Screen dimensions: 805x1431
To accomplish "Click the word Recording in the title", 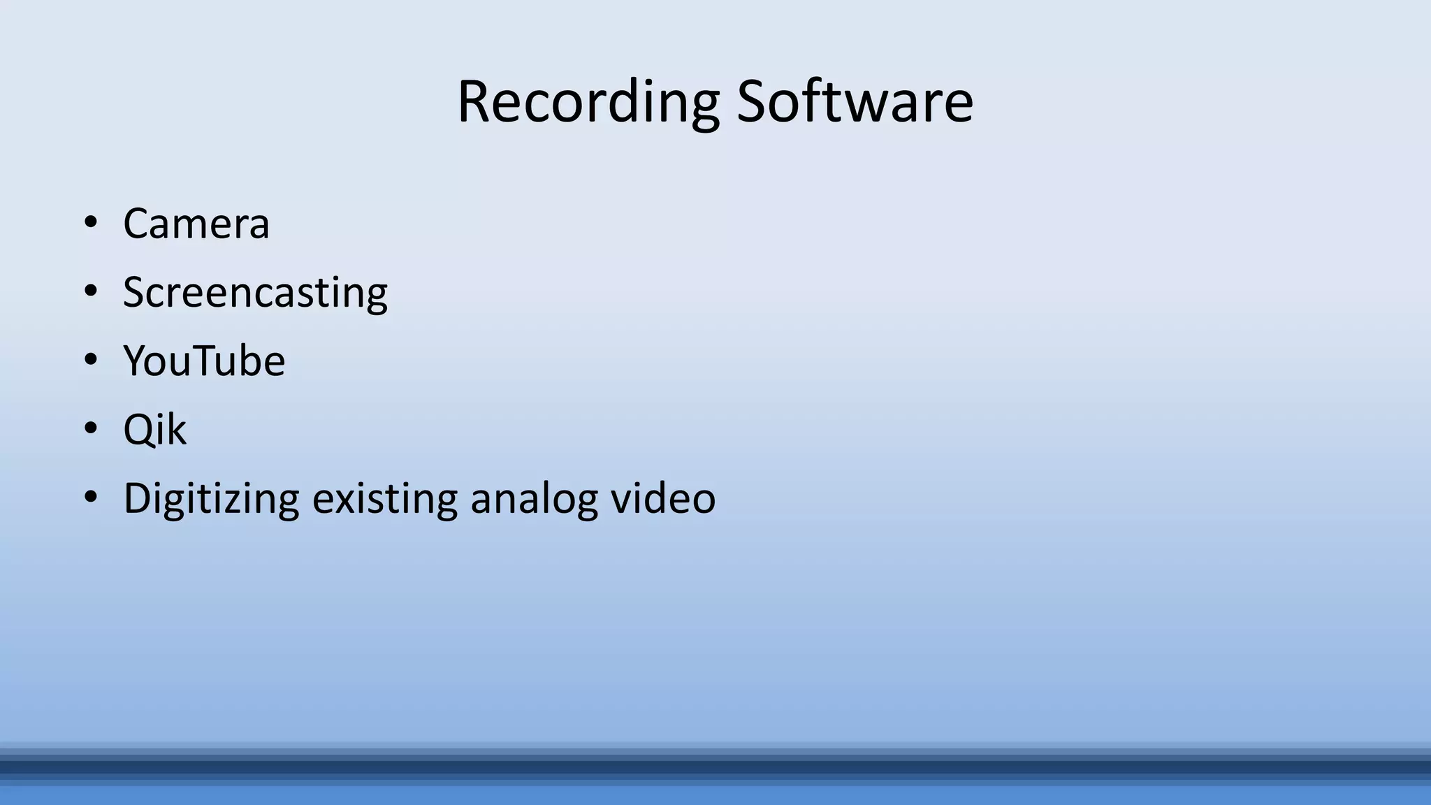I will pos(588,103).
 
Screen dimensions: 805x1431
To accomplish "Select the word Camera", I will pos(196,224).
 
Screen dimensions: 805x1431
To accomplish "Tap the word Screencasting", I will pos(255,293).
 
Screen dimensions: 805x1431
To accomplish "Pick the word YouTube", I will pos(204,361).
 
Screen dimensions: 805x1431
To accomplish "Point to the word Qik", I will pos(154,430).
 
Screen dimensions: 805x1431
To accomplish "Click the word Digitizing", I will pos(211,500).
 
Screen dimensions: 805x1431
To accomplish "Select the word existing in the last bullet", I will pos(384,500).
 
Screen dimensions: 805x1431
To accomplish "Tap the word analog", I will pos(534,500).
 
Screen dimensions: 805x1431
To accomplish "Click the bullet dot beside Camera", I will pos(90,223).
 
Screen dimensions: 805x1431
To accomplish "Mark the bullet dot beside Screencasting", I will pos(90,291).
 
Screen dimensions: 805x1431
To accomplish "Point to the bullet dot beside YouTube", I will pos(90,360).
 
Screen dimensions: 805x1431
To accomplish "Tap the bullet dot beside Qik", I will pos(90,428).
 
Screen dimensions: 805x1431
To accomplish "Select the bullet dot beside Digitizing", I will pos(90,497).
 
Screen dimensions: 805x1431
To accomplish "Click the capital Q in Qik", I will pos(137,430).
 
